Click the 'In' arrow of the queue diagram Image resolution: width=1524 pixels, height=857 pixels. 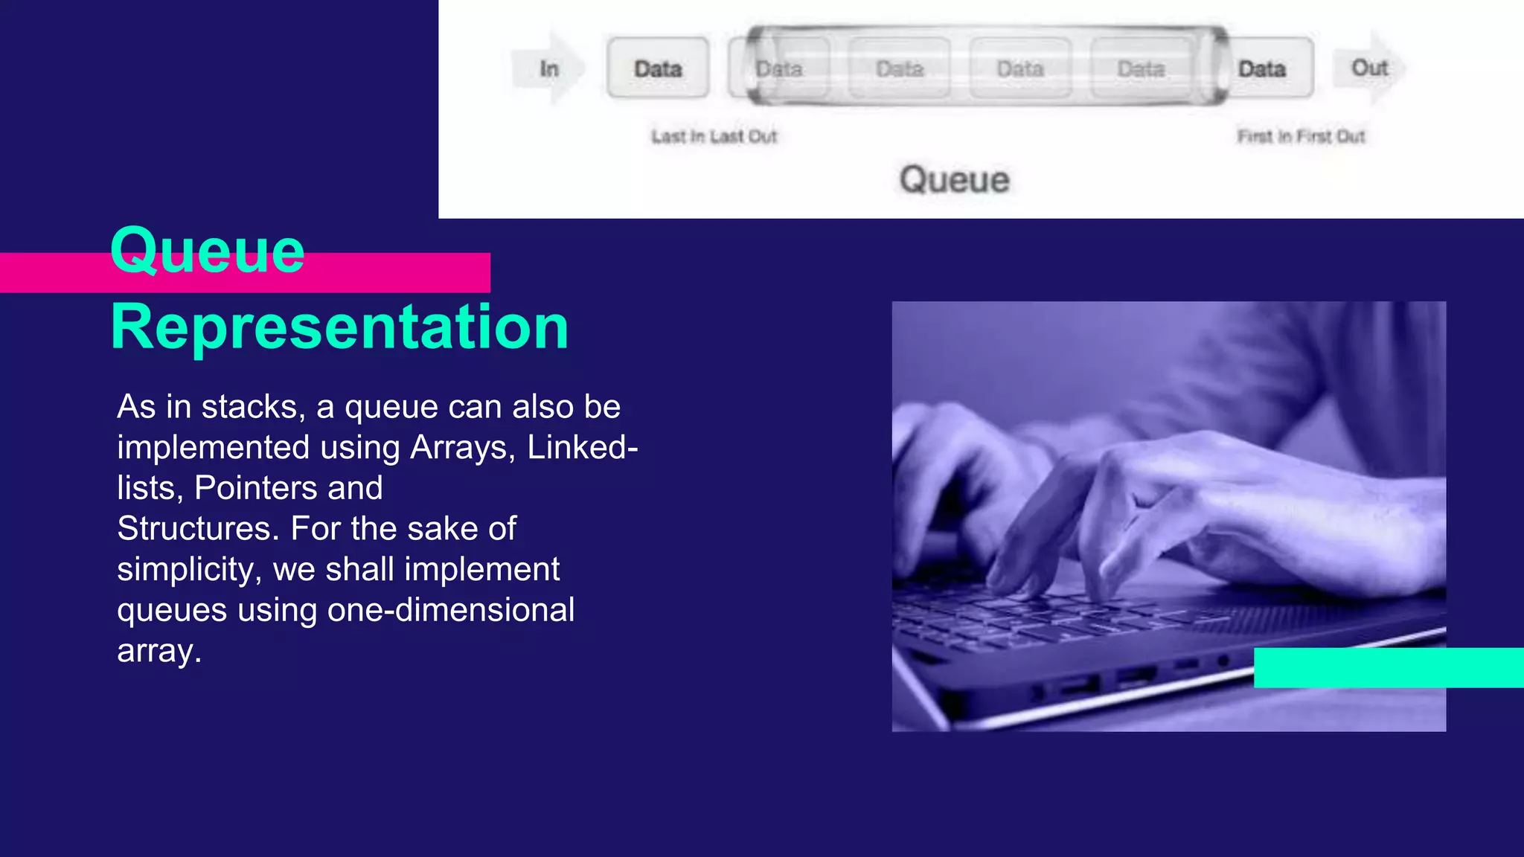549,68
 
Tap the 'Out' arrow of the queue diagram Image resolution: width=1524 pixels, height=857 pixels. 1369,68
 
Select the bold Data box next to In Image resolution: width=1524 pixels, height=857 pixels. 658,68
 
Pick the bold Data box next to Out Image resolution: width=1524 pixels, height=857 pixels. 1262,68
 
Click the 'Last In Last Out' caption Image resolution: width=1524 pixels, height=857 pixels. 714,136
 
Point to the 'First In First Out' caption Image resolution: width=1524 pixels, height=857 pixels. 1301,136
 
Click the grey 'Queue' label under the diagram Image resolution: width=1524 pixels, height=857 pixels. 954,179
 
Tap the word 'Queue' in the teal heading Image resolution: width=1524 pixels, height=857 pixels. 208,250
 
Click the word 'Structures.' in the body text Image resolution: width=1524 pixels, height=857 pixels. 198,528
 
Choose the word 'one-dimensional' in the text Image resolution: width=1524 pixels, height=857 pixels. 451,610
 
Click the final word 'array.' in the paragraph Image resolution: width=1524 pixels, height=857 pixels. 159,651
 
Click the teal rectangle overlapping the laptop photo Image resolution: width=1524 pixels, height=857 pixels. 1389,667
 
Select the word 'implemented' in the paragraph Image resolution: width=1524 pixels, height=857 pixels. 213,447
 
